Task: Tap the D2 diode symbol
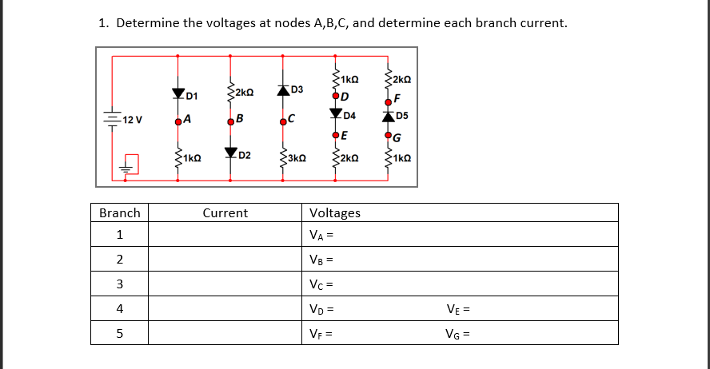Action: (x=231, y=152)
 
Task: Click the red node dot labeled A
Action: (x=177, y=122)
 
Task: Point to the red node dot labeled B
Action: (x=230, y=122)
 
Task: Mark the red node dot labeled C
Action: (x=283, y=122)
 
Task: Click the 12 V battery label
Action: (x=133, y=121)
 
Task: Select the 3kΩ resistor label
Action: (x=297, y=158)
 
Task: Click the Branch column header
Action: (x=119, y=213)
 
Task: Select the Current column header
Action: (x=225, y=213)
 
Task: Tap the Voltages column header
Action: (x=334, y=213)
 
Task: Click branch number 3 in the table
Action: (x=119, y=284)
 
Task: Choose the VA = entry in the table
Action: (x=320, y=236)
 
